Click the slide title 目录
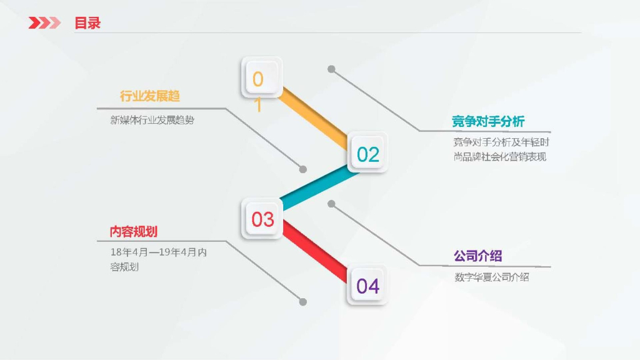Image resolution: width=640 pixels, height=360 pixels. point(87,23)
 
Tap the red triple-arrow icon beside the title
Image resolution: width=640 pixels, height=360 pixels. point(44,23)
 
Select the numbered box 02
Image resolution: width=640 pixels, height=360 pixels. point(368,154)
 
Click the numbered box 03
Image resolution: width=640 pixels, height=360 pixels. point(262,219)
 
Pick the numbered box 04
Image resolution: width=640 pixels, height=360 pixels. point(367,286)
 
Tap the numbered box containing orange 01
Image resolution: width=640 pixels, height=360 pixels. point(261,78)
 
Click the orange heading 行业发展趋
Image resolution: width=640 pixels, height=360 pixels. point(150,96)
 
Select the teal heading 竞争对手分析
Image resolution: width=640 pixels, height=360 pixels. point(488,121)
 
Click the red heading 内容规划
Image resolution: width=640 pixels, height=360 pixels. point(133,232)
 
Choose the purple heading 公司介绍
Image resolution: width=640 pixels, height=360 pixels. point(477,256)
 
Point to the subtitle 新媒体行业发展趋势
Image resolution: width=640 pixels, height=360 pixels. point(152,119)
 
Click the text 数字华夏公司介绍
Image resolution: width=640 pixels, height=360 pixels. point(491,276)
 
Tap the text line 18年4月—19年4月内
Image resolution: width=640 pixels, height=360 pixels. point(157,252)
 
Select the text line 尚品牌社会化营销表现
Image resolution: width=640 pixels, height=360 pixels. point(499,157)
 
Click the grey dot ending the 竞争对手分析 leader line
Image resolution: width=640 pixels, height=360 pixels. point(331,69)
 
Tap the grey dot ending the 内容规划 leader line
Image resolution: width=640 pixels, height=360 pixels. point(303,301)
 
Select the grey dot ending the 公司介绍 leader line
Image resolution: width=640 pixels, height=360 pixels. point(331,204)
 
